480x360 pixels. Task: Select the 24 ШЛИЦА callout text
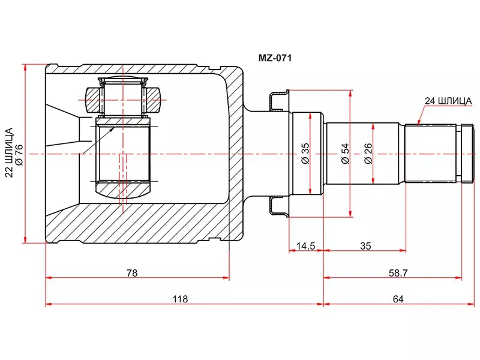pyautogui.click(x=448, y=101)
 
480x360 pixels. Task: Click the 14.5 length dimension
pyautogui.click(x=305, y=245)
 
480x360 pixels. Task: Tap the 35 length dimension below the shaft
pyautogui.click(x=365, y=245)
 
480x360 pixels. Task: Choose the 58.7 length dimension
pyautogui.click(x=397, y=273)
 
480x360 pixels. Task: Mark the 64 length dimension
pyautogui.click(x=397, y=298)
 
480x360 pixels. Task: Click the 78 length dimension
pyautogui.click(x=132, y=273)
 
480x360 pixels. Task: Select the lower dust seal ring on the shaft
pyautogui.click(x=279, y=207)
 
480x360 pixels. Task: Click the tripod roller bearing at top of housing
pyautogui.click(x=123, y=96)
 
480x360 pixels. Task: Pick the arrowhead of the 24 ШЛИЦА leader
pyautogui.click(x=419, y=123)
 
